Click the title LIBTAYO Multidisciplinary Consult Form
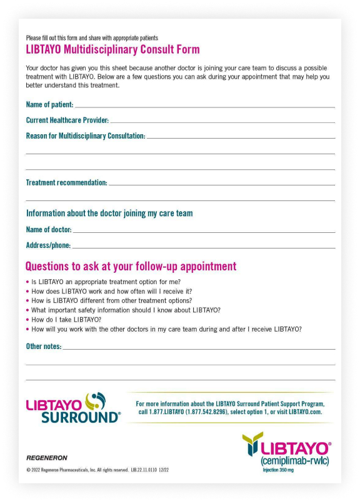tap(112, 49)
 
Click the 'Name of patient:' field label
tap(49, 104)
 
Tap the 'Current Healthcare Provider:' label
tap(67, 120)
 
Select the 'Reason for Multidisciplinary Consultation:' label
tap(85, 135)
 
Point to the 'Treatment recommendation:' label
tap(66, 182)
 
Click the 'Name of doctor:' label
tap(48, 230)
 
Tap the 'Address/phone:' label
tap(48, 245)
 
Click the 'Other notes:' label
tap(43, 346)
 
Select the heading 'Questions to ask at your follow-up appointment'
tap(131, 267)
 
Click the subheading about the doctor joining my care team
tap(109, 214)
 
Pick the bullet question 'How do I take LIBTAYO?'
tap(66, 319)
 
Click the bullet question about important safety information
tap(126, 310)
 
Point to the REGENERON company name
tap(47, 458)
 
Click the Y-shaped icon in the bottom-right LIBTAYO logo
tap(252, 443)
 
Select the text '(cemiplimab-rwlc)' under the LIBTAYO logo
tap(295, 461)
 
